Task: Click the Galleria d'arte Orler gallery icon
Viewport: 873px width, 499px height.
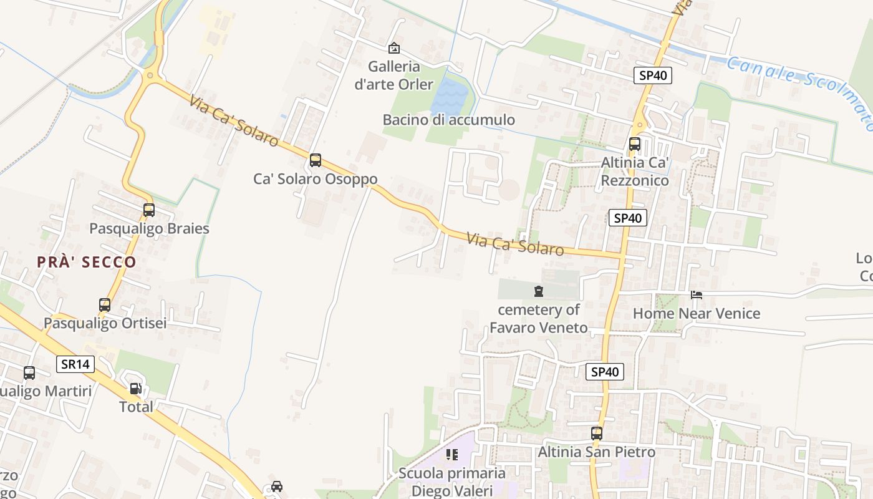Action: click(394, 48)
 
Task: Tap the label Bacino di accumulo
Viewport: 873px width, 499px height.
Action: click(448, 120)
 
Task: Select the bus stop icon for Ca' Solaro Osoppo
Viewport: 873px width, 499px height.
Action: click(316, 160)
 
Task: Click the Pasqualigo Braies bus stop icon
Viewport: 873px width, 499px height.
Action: click(149, 210)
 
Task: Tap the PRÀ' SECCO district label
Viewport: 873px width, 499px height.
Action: click(86, 262)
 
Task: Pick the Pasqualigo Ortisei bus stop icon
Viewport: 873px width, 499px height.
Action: click(105, 305)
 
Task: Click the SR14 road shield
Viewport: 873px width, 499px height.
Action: click(75, 364)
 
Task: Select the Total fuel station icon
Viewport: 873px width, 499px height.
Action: click(135, 389)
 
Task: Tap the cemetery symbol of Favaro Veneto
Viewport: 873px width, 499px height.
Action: click(539, 291)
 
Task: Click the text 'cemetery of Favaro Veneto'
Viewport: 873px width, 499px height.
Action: click(538, 319)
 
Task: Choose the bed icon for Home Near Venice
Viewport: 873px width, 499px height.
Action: click(697, 295)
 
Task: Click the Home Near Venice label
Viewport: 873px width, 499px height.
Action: click(697, 313)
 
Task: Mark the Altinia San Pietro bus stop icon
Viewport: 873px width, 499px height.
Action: click(597, 433)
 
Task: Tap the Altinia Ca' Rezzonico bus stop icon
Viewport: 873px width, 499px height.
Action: click(635, 144)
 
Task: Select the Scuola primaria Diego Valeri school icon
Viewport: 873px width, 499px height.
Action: click(451, 455)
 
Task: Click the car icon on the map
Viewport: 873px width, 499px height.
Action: click(277, 486)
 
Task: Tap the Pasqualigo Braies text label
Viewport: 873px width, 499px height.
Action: click(149, 228)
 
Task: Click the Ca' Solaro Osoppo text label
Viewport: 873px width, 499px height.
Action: click(315, 179)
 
